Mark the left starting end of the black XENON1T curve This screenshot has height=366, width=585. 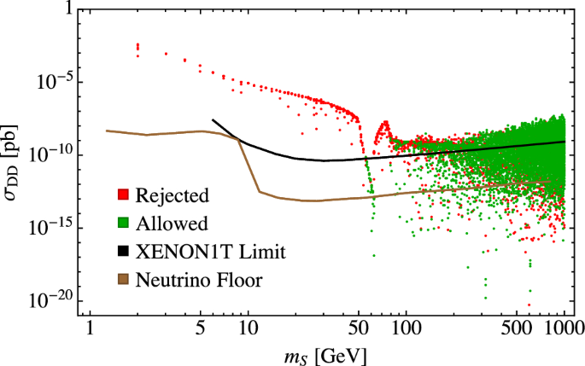click(213, 119)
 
